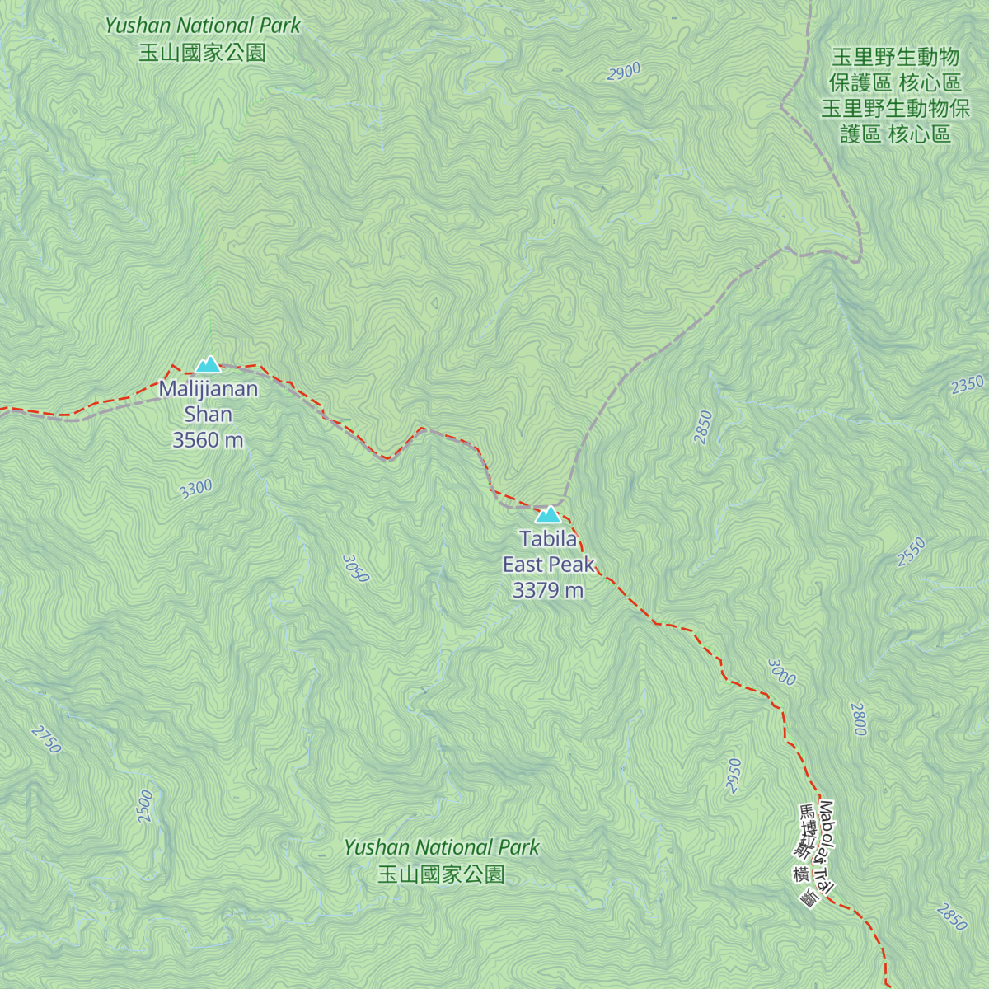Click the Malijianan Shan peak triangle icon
[x=208, y=364]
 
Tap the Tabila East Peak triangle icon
[x=547, y=515]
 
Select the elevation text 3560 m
[x=208, y=440]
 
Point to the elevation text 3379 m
[x=548, y=590]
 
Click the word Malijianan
[x=209, y=389]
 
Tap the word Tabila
[x=548, y=539]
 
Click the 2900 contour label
[x=624, y=72]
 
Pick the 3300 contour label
[x=196, y=489]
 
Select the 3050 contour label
[x=355, y=568]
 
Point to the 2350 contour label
[x=967, y=385]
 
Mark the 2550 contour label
[x=912, y=551]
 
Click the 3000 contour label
[x=781, y=672]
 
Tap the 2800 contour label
[x=859, y=719]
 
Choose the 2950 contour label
[x=734, y=776]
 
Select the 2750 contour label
[x=46, y=739]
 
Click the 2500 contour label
[x=145, y=805]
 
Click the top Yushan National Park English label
[x=203, y=26]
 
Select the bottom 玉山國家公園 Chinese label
[x=441, y=874]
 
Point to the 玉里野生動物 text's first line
[x=895, y=57]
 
